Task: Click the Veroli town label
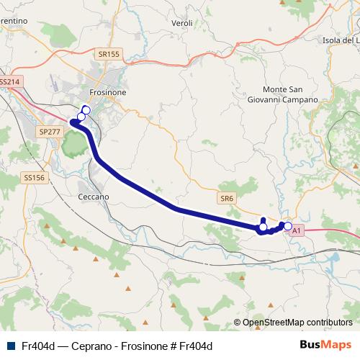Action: pyautogui.click(x=182, y=24)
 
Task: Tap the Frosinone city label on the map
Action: pyautogui.click(x=108, y=93)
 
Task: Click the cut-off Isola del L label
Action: pyautogui.click(x=341, y=40)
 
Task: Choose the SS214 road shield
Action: pyautogui.click(x=10, y=82)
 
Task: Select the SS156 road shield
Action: pyautogui.click(x=34, y=177)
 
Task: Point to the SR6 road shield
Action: pyautogui.click(x=228, y=197)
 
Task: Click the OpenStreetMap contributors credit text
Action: pyautogui.click(x=297, y=323)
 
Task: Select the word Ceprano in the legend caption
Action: pyautogui.click(x=87, y=346)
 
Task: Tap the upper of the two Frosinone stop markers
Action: pyautogui.click(x=86, y=110)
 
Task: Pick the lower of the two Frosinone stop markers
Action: pyautogui.click(x=81, y=117)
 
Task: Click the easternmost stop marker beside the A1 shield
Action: pyautogui.click(x=288, y=227)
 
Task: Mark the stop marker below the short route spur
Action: pyautogui.click(x=263, y=228)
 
